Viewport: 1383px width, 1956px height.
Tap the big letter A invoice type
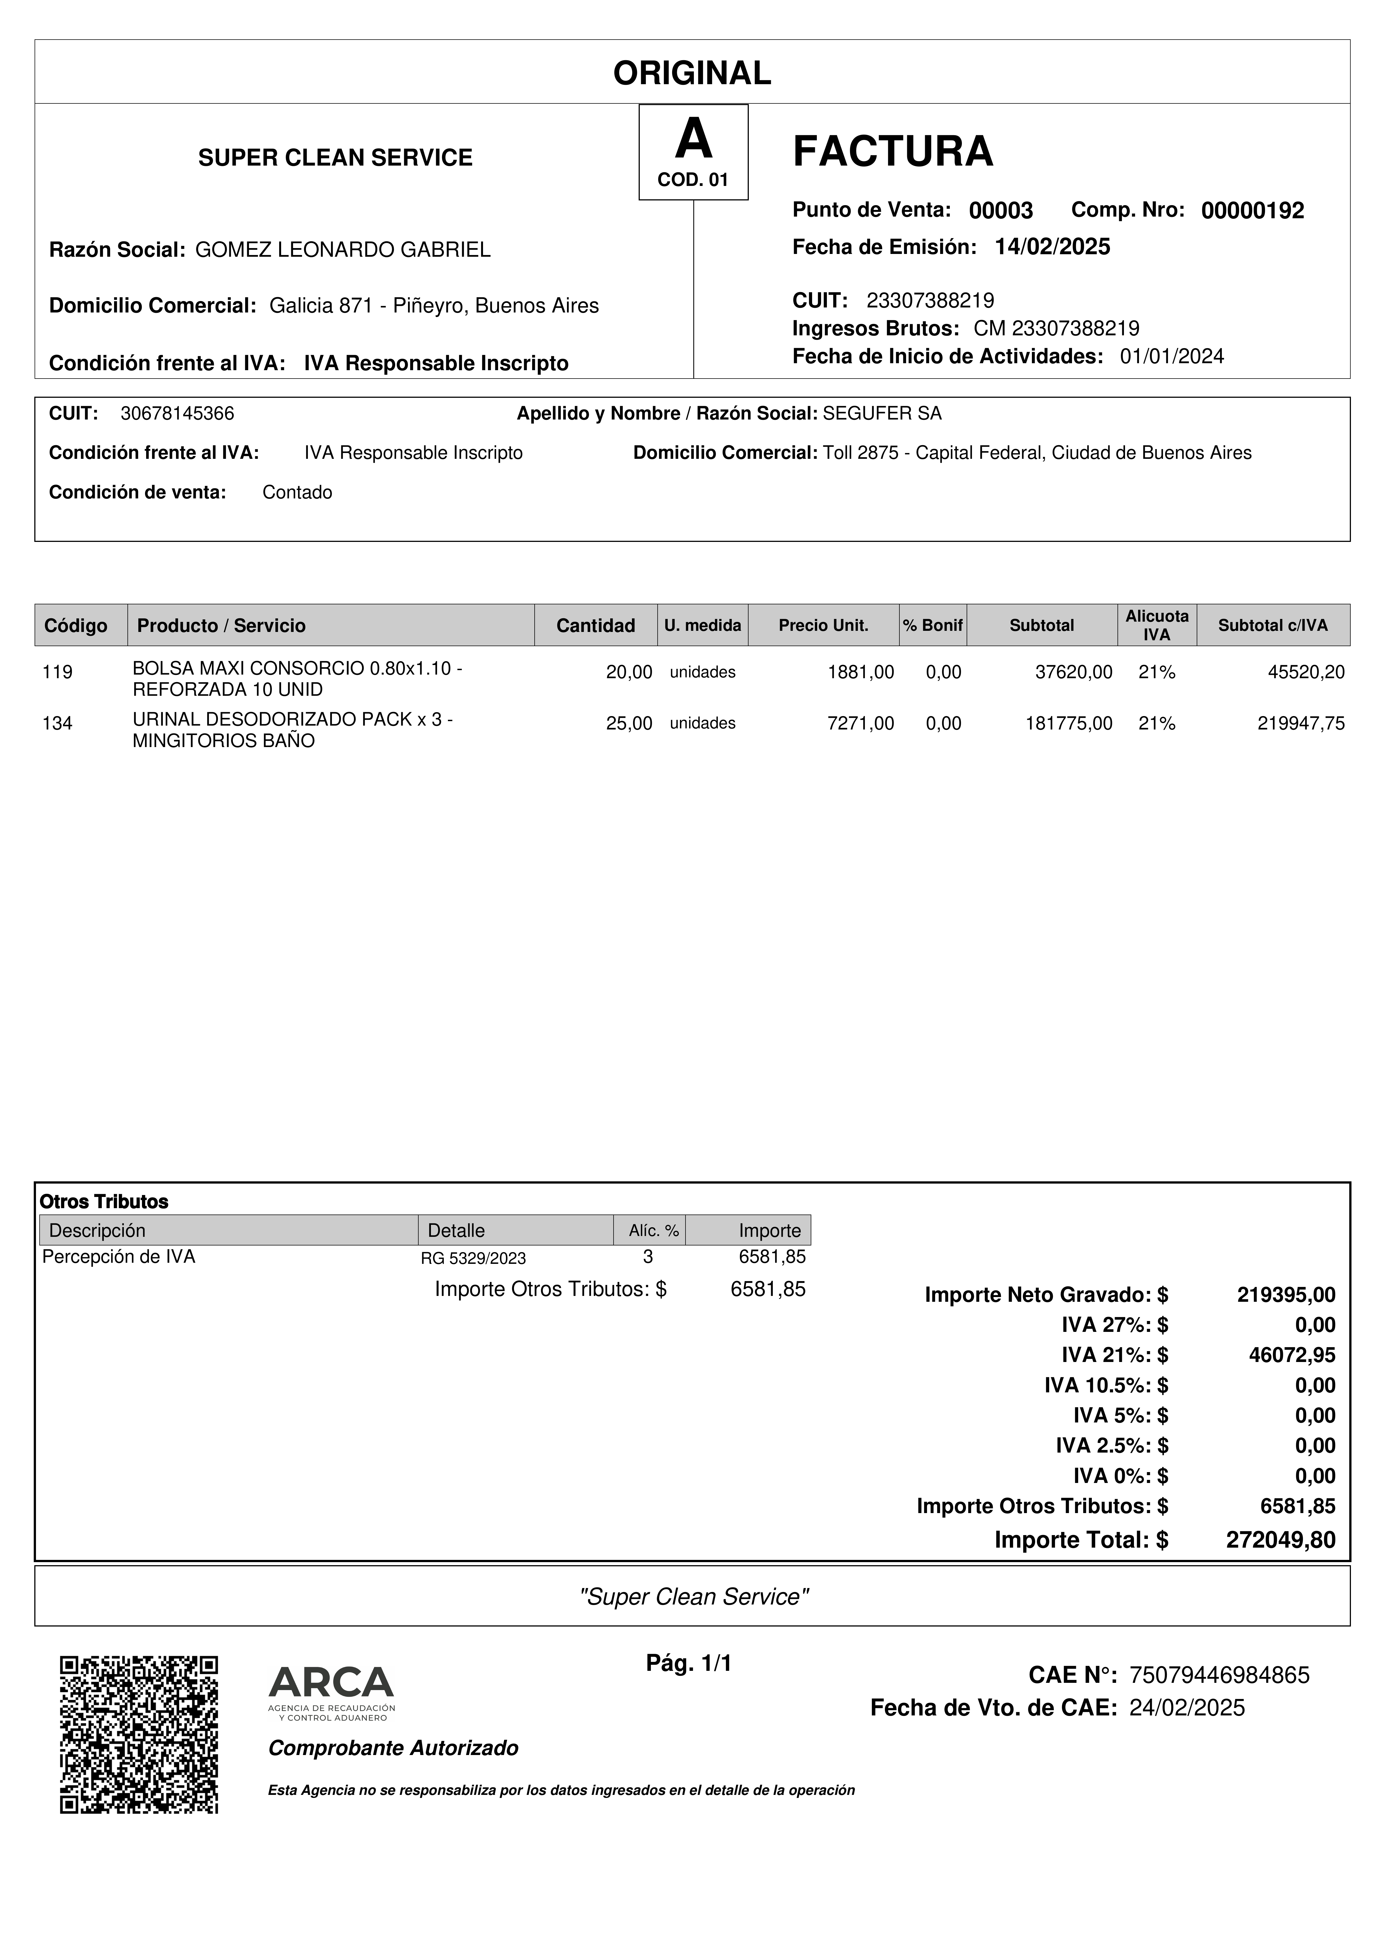click(693, 140)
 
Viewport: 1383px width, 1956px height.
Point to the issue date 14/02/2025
click(1052, 247)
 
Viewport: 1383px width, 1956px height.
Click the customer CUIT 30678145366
click(177, 414)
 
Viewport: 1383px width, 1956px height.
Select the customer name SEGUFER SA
click(882, 414)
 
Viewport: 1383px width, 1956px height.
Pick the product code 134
click(57, 723)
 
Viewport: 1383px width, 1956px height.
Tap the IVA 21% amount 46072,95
click(1292, 1354)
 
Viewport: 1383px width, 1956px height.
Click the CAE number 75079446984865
click(1218, 1675)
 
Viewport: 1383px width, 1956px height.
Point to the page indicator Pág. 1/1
click(689, 1662)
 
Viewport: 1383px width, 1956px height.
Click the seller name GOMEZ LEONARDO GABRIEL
click(342, 249)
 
